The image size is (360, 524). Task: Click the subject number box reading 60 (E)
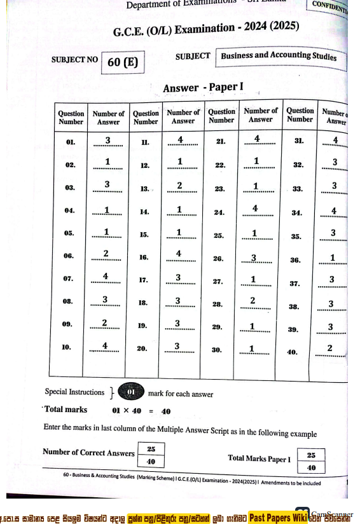[123, 62]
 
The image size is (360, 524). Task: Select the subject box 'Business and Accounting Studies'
[279, 56]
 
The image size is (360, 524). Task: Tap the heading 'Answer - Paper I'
[204, 88]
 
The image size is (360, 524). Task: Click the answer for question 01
[108, 141]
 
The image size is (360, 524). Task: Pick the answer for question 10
[106, 346]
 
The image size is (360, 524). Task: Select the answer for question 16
[179, 254]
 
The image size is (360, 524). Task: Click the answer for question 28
[253, 301]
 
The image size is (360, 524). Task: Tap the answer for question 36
[332, 257]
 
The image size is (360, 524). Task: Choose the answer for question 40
[329, 348]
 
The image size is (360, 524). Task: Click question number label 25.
[219, 235]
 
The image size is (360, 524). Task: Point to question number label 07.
[69, 279]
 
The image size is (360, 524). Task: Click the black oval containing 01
[131, 392]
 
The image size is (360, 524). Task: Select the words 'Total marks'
[66, 410]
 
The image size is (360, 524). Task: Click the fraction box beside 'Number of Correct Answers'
[151, 454]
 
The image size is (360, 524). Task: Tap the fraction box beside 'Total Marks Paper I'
[311, 461]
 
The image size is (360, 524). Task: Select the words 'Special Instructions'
[74, 392]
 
